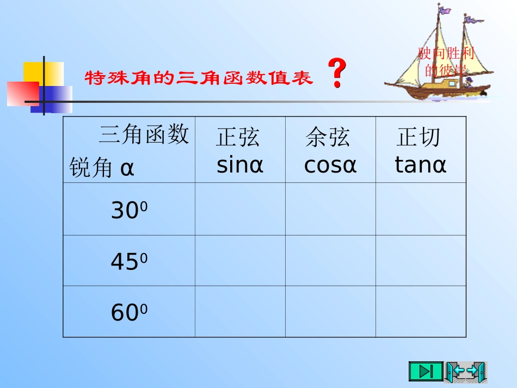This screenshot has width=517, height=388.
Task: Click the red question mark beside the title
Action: pyautogui.click(x=337, y=75)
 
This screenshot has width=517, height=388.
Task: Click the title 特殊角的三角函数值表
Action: pyautogui.click(x=199, y=78)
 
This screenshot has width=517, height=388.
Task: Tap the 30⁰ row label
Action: pyautogui.click(x=129, y=211)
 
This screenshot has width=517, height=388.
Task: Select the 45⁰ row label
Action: pyautogui.click(x=129, y=262)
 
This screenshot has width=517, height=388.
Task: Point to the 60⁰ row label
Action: pyautogui.click(x=129, y=312)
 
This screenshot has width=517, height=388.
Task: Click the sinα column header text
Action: pyautogui.click(x=239, y=164)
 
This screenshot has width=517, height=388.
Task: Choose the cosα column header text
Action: pyautogui.click(x=330, y=164)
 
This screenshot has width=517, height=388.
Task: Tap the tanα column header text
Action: pyautogui.click(x=420, y=164)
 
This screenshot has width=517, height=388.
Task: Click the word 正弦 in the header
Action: pyautogui.click(x=238, y=138)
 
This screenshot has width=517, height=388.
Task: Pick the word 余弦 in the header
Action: pyautogui.click(x=328, y=137)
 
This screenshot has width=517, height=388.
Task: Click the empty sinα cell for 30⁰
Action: pyautogui.click(x=240, y=209)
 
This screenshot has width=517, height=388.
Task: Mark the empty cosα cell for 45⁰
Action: pyautogui.click(x=330, y=261)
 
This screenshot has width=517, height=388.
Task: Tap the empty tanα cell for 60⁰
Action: pyautogui.click(x=421, y=311)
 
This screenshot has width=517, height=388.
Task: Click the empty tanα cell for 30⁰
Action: pyautogui.click(x=421, y=209)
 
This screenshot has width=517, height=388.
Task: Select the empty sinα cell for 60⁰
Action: pyautogui.click(x=240, y=311)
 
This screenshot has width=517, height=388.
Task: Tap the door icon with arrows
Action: pyautogui.click(x=466, y=372)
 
